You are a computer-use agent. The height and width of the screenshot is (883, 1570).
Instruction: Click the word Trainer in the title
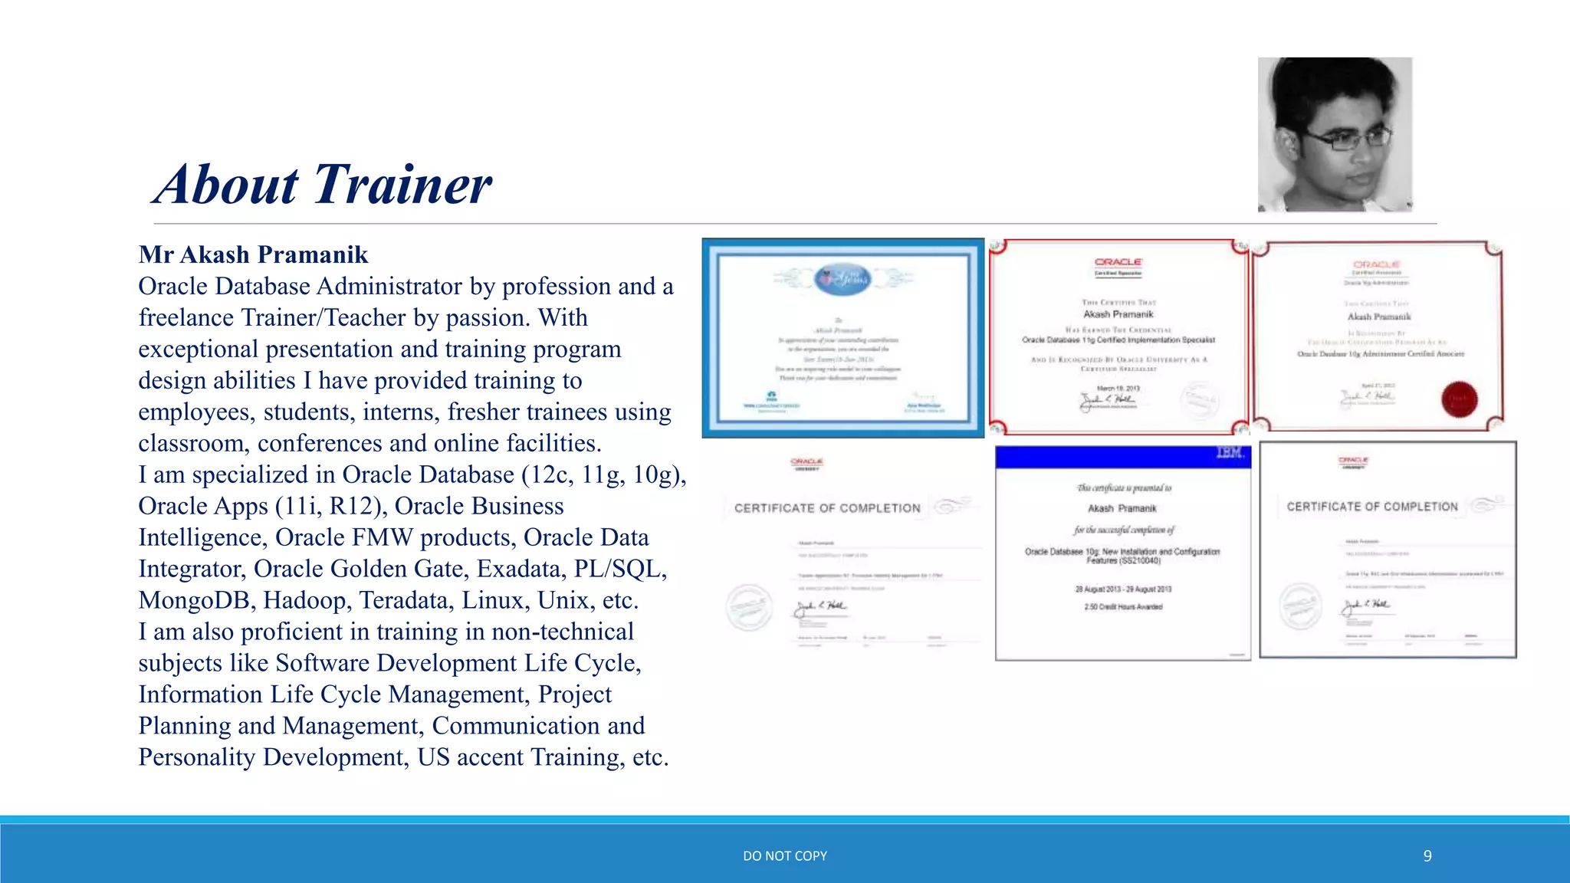402,185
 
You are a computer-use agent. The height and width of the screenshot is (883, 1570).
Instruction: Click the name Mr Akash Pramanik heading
253,254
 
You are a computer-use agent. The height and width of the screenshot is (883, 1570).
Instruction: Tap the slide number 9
1427,856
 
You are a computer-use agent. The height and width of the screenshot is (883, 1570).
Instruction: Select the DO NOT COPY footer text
785,856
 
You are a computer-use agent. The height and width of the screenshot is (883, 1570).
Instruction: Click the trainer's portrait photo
1335,134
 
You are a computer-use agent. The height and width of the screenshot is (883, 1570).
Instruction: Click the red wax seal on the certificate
1459,399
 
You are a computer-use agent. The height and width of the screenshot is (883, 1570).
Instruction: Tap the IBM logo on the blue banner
1229,453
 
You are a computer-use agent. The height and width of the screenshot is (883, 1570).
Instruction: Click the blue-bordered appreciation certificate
842,338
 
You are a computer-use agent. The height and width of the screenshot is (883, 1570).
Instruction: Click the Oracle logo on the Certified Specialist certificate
1118,262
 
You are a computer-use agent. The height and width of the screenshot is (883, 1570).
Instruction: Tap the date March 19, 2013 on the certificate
1118,389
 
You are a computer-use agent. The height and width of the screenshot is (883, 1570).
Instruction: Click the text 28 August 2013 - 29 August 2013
1123,589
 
